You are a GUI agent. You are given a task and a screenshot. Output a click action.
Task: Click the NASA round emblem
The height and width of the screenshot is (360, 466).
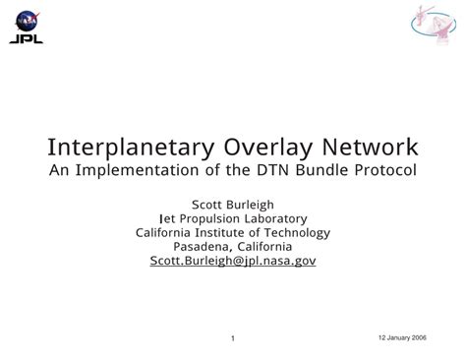click(x=28, y=22)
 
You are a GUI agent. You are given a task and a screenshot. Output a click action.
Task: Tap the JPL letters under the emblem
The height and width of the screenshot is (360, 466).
click(x=27, y=39)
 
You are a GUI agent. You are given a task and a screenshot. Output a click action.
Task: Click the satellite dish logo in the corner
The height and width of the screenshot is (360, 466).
click(x=434, y=25)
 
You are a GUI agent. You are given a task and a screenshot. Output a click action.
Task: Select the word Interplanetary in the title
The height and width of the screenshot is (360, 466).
click(x=131, y=148)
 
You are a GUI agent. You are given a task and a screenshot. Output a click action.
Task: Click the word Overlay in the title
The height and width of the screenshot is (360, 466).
click(x=268, y=148)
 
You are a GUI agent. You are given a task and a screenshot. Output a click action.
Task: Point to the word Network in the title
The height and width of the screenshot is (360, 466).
click(x=370, y=147)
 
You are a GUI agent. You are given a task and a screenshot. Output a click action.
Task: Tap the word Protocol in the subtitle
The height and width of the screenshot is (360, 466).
click(x=385, y=170)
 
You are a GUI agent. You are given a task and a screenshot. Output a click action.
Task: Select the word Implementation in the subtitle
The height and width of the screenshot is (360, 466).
click(x=137, y=170)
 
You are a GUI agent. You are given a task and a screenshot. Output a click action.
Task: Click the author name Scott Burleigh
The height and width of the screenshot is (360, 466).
click(x=233, y=205)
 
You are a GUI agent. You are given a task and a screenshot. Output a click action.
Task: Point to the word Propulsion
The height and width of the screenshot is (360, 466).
click(x=209, y=218)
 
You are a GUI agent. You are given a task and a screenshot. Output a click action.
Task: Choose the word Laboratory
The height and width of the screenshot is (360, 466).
click(x=276, y=218)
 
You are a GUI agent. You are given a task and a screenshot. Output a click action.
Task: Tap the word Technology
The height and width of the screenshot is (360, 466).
click(x=297, y=233)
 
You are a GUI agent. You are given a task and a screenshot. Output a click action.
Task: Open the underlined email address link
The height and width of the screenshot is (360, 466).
click(x=233, y=261)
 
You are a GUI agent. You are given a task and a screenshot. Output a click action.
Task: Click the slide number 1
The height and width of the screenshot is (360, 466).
click(x=233, y=338)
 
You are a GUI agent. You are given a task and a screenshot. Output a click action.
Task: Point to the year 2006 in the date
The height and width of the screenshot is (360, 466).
click(x=419, y=337)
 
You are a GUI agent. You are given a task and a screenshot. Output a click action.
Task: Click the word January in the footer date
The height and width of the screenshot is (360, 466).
click(x=398, y=337)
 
